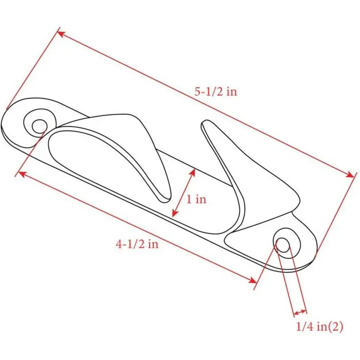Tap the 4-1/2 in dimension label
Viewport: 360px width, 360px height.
(x=137, y=244)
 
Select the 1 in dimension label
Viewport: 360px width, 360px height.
(x=196, y=199)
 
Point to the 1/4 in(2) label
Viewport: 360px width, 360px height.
(x=319, y=326)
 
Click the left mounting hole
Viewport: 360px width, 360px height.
(x=39, y=125)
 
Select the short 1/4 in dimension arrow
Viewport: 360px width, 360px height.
(x=299, y=312)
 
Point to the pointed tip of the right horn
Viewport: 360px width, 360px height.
(x=205, y=122)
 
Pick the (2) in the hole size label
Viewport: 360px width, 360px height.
(x=335, y=326)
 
